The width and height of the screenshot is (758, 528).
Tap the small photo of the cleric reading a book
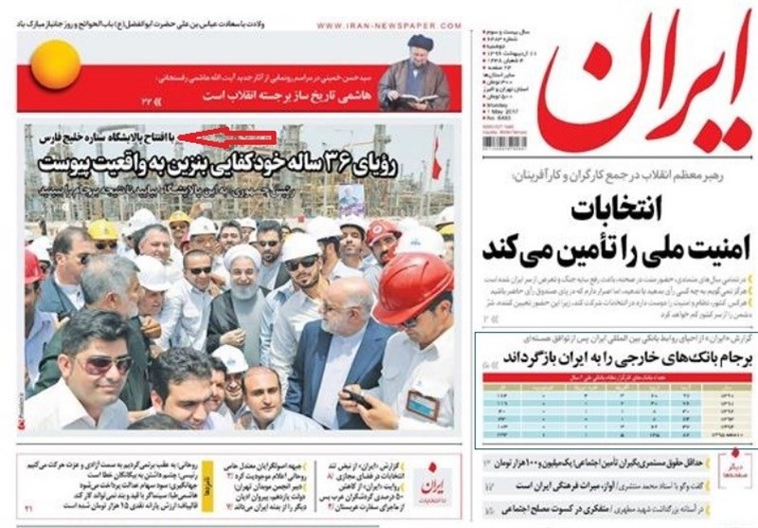coord(415,72)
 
